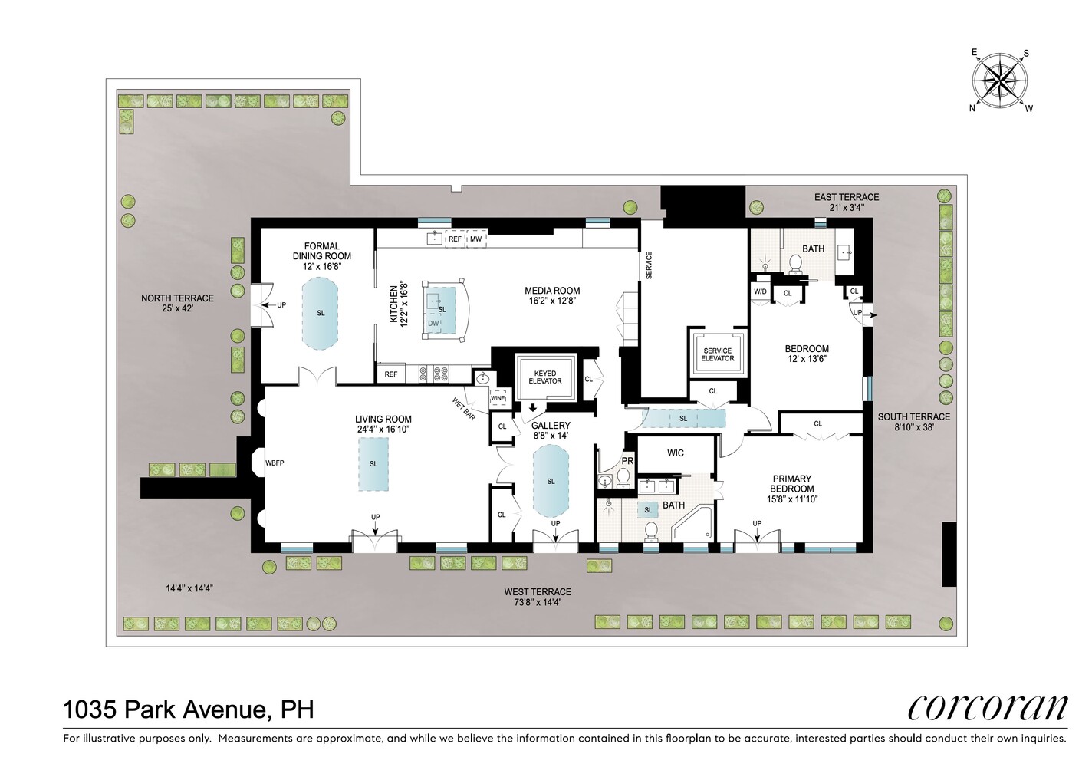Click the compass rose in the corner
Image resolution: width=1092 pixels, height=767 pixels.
point(1001,80)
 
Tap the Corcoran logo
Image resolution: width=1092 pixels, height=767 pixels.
point(987,708)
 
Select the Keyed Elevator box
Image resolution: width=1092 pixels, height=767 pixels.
point(545,377)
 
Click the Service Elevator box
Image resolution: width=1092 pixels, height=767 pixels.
point(718,354)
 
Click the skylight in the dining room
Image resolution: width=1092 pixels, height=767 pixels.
point(320,313)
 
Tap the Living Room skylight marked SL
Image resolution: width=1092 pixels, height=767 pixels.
point(373,464)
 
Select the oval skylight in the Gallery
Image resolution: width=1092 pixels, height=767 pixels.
point(551,482)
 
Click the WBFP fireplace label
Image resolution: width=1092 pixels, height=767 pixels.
point(275,463)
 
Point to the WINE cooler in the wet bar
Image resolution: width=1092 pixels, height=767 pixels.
point(498,398)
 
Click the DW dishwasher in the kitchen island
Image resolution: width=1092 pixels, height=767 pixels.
point(433,324)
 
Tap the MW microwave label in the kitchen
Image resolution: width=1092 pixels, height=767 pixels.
point(475,239)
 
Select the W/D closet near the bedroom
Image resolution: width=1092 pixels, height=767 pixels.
point(760,292)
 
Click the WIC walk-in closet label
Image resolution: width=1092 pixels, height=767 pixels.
point(675,453)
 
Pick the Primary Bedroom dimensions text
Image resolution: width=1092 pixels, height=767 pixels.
point(792,499)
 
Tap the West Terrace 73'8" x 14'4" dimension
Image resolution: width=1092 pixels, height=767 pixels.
point(538,602)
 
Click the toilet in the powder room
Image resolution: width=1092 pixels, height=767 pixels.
point(623,479)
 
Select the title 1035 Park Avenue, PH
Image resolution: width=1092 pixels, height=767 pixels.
point(189,709)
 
